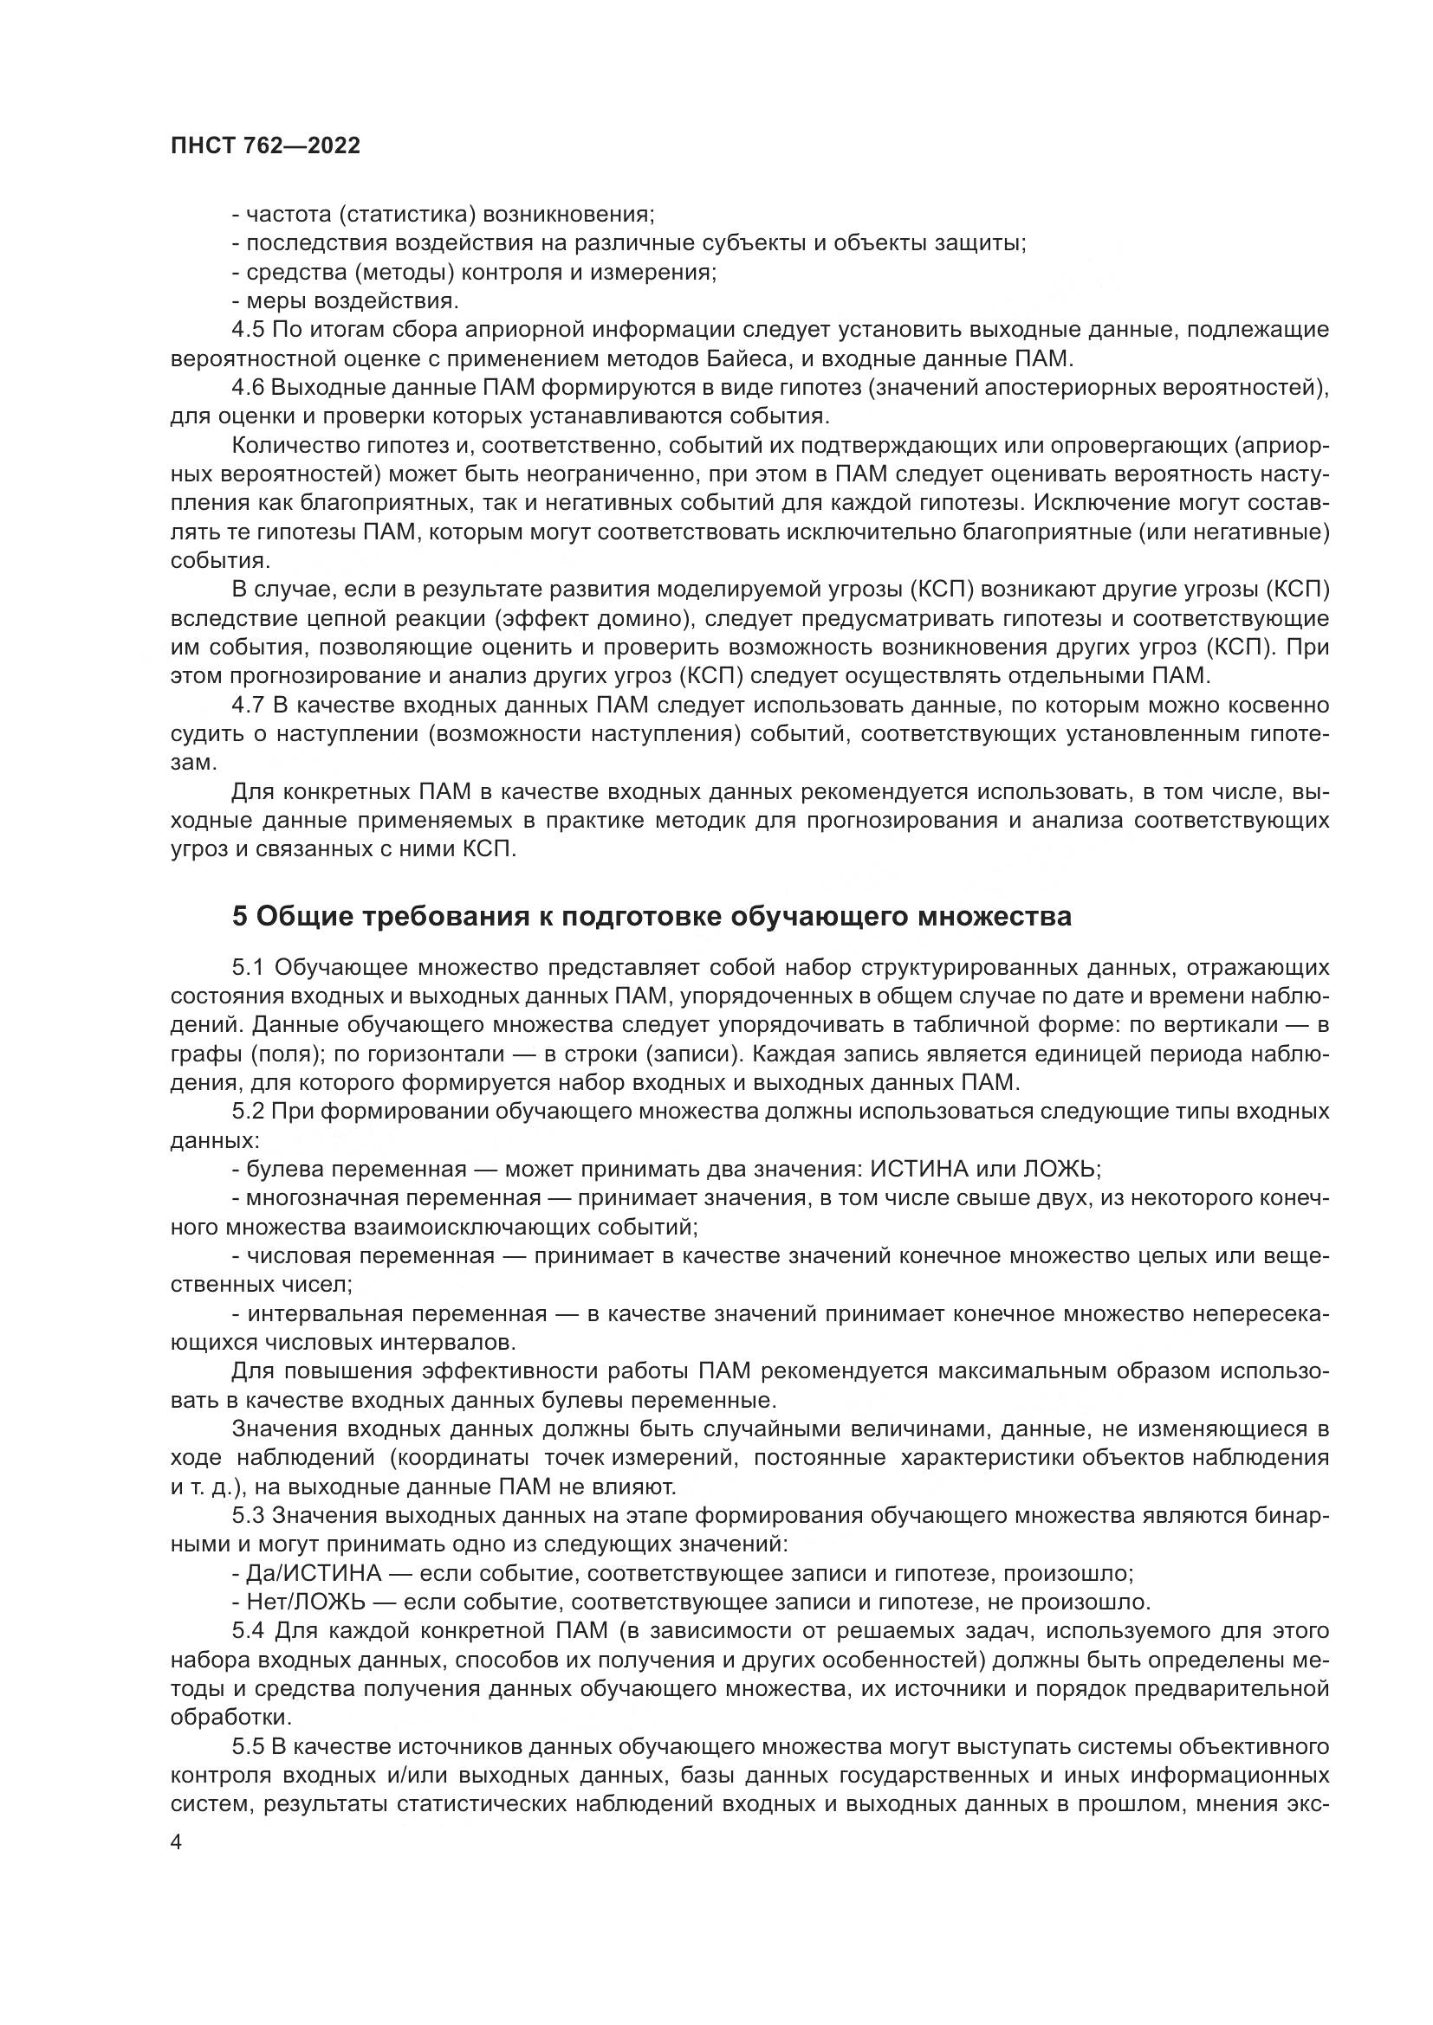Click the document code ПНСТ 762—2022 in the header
(265, 146)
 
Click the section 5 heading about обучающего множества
(652, 916)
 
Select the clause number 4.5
(248, 330)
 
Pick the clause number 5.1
(248, 968)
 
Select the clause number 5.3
(248, 1515)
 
